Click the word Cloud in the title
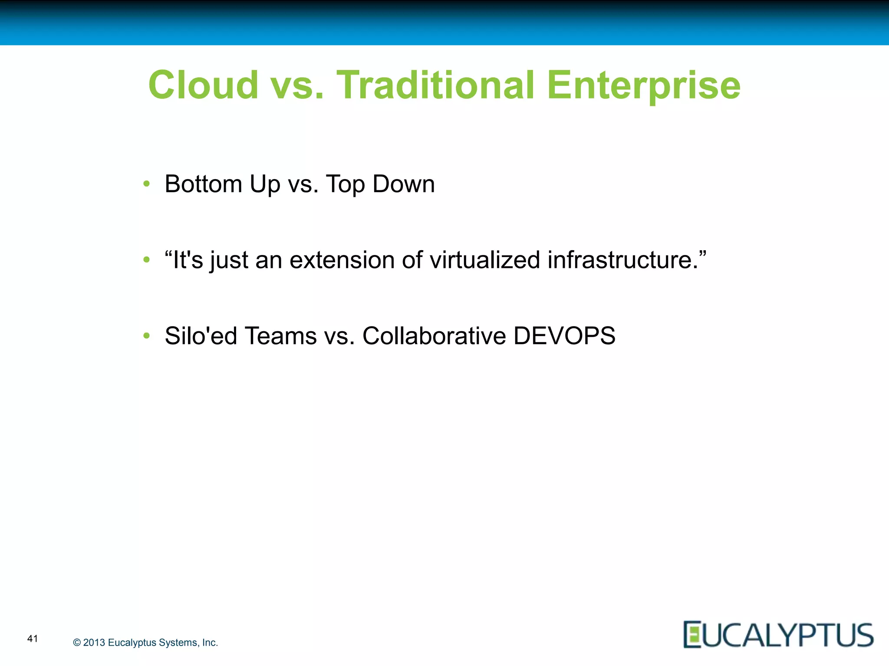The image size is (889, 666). click(x=203, y=85)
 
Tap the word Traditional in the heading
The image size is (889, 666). click(x=435, y=85)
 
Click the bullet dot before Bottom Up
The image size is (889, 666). click(x=147, y=184)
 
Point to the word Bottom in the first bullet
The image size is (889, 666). click(x=203, y=184)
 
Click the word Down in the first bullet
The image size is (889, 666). click(x=403, y=184)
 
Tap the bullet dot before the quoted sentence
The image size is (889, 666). click(x=147, y=260)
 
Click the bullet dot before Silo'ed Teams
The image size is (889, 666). click(x=147, y=336)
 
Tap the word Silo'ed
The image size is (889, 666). click(x=201, y=336)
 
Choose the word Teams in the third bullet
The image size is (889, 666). click(x=280, y=336)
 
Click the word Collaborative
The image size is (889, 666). click(x=434, y=336)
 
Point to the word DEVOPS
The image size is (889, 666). click(x=564, y=336)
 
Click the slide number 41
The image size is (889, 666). click(x=33, y=638)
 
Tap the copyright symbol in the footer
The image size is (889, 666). click(x=77, y=643)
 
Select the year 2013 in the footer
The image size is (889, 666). click(x=94, y=643)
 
